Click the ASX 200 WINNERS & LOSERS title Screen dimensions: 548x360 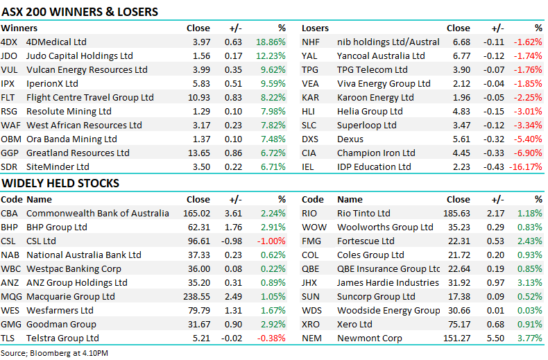pos(80,12)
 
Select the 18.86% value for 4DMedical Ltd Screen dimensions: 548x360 pos(271,42)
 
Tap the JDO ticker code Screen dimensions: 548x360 pos(8,56)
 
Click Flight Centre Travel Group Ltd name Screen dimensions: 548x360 pos(90,98)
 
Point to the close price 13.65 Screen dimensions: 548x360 pos(199,153)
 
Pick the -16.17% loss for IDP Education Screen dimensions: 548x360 pos(526,167)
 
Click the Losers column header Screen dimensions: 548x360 pos(315,28)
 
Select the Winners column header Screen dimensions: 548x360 pos(19,28)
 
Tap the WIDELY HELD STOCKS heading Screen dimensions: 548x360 pos(60,183)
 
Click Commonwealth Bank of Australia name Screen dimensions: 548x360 pos(98,213)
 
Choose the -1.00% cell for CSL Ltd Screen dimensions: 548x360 pos(271,241)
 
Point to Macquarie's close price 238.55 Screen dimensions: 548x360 pos(197,297)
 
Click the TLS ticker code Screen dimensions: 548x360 pos(8,338)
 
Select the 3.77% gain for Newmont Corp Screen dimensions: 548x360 pos(530,338)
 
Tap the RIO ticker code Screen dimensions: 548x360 pos(309,213)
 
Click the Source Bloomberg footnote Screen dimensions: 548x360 pos(54,353)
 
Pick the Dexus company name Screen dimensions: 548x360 pos(350,139)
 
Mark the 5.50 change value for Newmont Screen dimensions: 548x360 pos(495,338)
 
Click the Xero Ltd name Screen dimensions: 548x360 pos(354,325)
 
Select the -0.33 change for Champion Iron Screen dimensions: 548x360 pos(494,153)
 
